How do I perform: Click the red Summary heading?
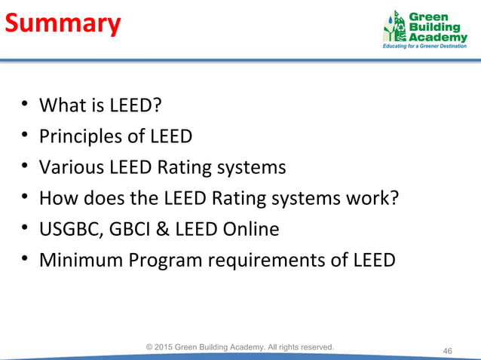(x=63, y=24)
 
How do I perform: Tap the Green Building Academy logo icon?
(x=395, y=28)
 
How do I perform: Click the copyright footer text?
(x=240, y=346)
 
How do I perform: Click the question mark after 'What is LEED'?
(x=157, y=105)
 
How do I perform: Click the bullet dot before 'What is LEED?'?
(x=25, y=106)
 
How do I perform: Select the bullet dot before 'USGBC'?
(x=25, y=230)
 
